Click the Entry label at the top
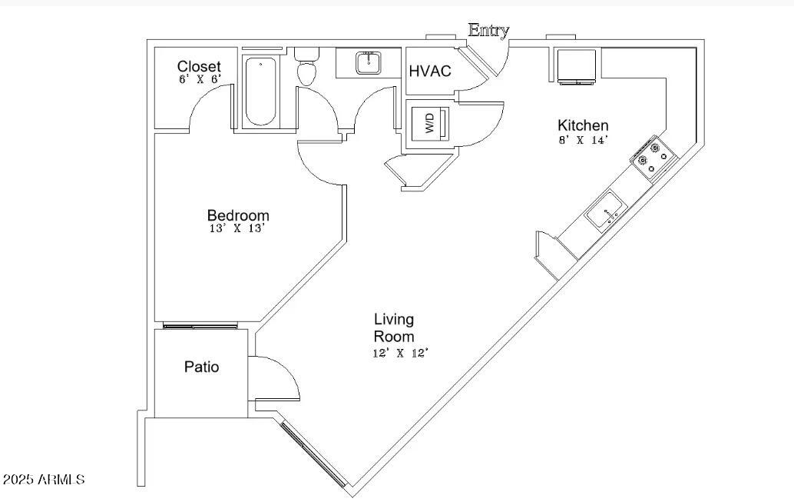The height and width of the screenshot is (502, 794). click(488, 30)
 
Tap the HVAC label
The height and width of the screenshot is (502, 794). click(430, 71)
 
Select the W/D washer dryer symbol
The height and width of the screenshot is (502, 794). click(429, 123)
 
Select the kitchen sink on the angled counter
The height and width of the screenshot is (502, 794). click(607, 213)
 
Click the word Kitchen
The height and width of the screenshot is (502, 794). click(583, 125)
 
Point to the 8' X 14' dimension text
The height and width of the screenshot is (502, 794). click(583, 140)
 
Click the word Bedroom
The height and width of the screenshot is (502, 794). click(238, 215)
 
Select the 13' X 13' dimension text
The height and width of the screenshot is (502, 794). click(238, 228)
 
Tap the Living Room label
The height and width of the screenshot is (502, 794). click(394, 327)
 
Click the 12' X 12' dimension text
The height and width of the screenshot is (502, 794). click(400, 353)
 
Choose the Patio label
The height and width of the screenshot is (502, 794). click(201, 367)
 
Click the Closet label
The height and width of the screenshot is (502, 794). click(199, 67)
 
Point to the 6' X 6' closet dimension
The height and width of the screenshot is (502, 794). click(200, 79)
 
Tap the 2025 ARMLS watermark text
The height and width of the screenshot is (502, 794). click(44, 480)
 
